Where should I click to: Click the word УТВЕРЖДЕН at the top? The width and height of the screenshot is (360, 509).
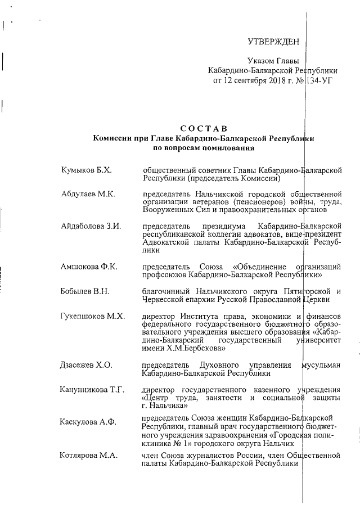(273, 42)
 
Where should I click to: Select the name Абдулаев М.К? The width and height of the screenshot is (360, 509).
(88, 194)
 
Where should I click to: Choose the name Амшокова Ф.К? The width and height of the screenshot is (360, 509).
(89, 266)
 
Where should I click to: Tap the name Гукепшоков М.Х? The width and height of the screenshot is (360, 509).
(92, 316)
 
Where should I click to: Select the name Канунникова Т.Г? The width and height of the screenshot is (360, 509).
(92, 390)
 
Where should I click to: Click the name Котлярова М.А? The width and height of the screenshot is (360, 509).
(88, 455)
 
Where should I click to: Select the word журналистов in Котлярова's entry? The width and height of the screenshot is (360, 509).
(204, 455)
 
